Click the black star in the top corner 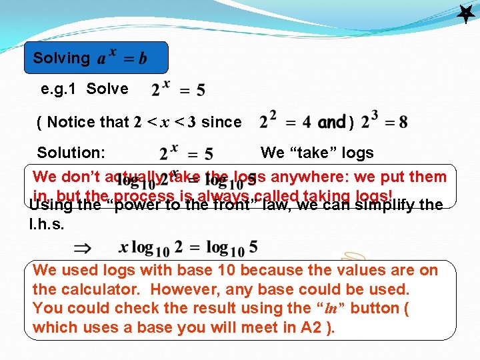click(x=465, y=13)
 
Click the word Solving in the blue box click(x=61, y=58)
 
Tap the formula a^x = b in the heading click(x=122, y=58)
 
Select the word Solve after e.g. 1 click(x=107, y=89)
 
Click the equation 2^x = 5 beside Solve click(x=178, y=89)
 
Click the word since click(x=221, y=122)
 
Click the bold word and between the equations click(x=331, y=123)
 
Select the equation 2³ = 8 click(x=384, y=121)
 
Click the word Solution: click(x=71, y=153)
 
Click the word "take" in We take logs click(x=311, y=153)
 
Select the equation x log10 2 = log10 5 click(x=188, y=248)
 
